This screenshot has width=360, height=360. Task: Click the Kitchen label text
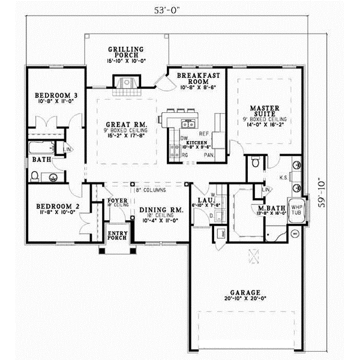click(x=196, y=143)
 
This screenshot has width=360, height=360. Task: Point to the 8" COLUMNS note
click(x=151, y=190)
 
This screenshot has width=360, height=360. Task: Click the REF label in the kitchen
click(x=204, y=134)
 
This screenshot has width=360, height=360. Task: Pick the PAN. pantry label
click(x=209, y=154)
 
